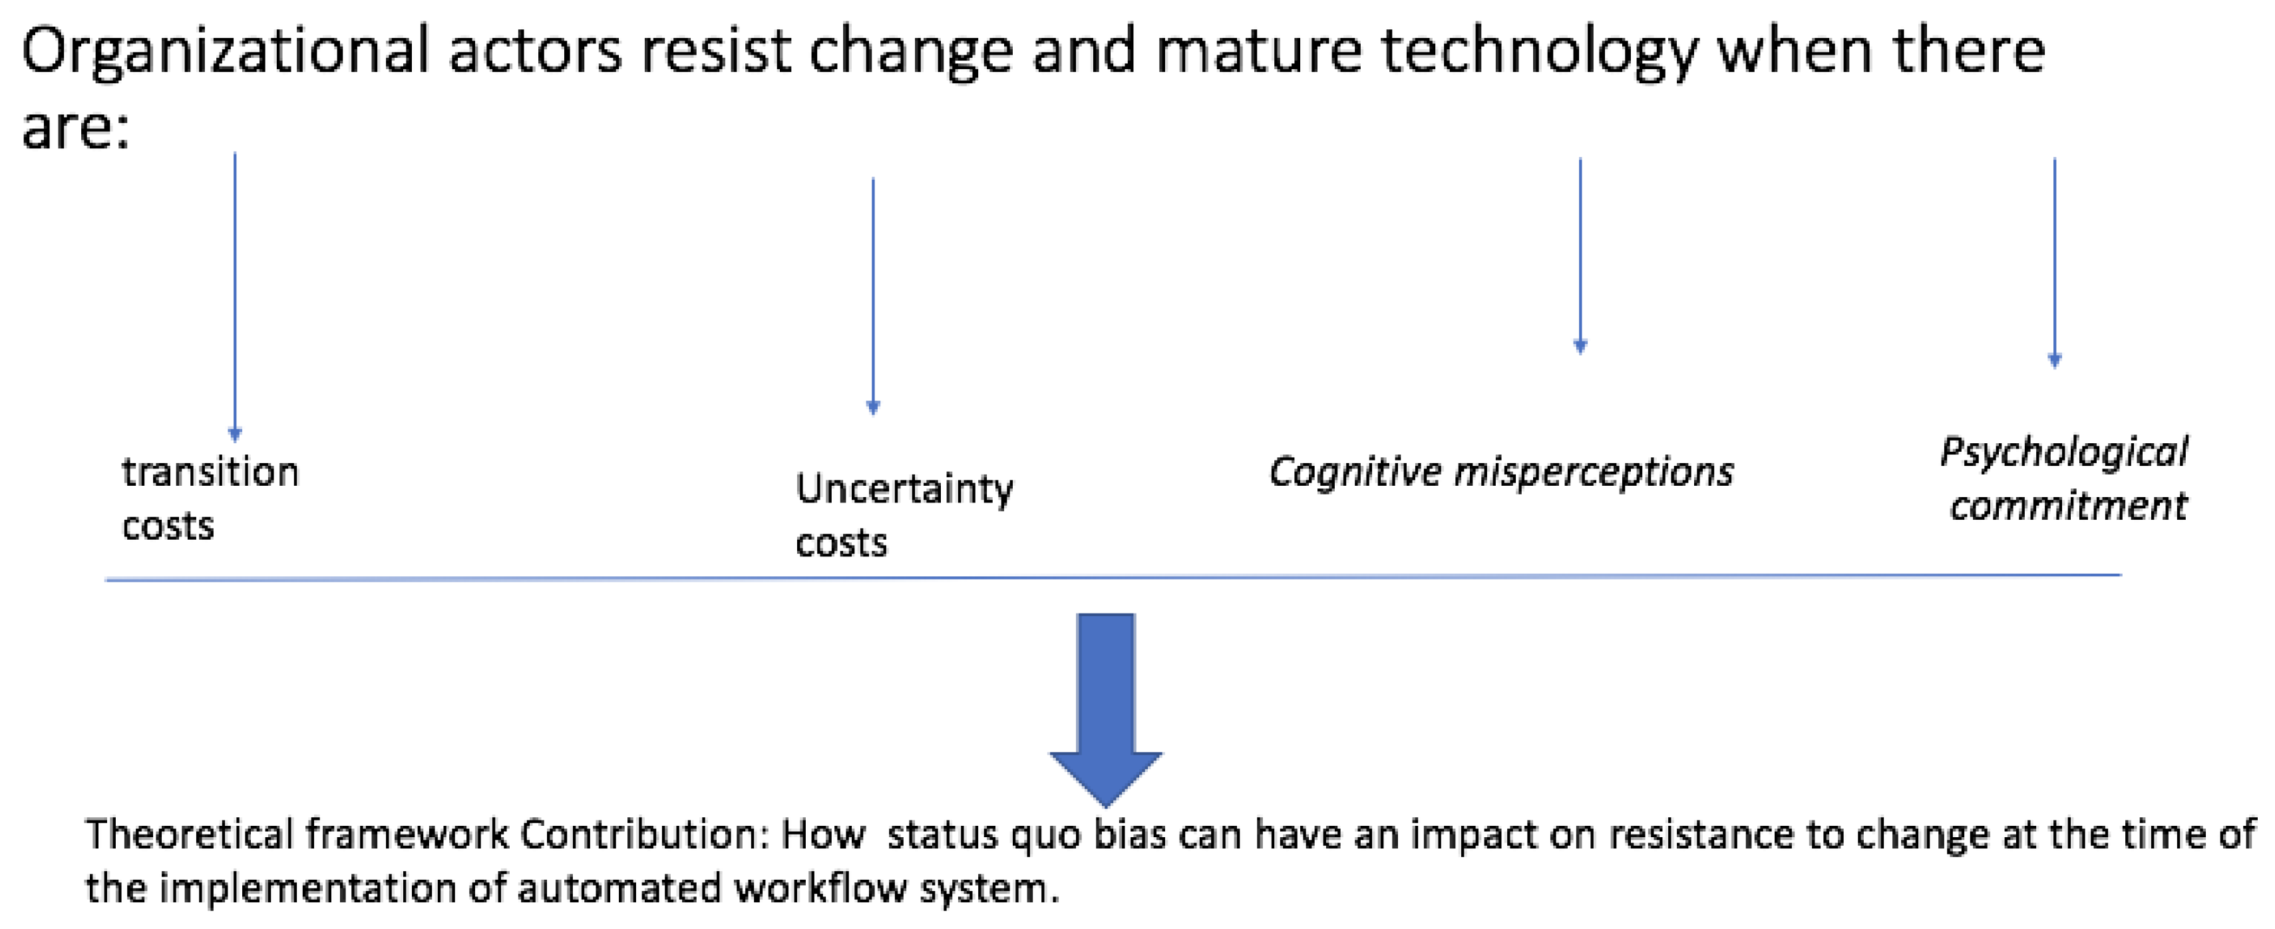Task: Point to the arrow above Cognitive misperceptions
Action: (x=1580, y=256)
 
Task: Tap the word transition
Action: (x=210, y=472)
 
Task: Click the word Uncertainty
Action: (x=904, y=489)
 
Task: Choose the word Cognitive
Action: (x=1355, y=472)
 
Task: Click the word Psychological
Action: (x=2063, y=453)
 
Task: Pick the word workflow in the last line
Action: (x=820, y=888)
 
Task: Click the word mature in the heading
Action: (x=1258, y=51)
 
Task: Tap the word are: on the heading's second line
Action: (x=75, y=128)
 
